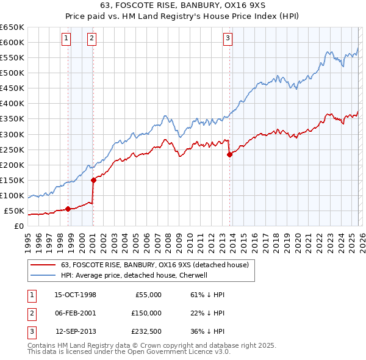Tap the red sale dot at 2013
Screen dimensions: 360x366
coord(229,154)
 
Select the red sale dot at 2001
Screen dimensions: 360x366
coord(93,180)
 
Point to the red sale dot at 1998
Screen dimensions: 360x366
coord(68,209)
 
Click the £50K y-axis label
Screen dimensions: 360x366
coord(15,211)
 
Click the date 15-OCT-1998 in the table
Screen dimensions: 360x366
coord(75,295)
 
